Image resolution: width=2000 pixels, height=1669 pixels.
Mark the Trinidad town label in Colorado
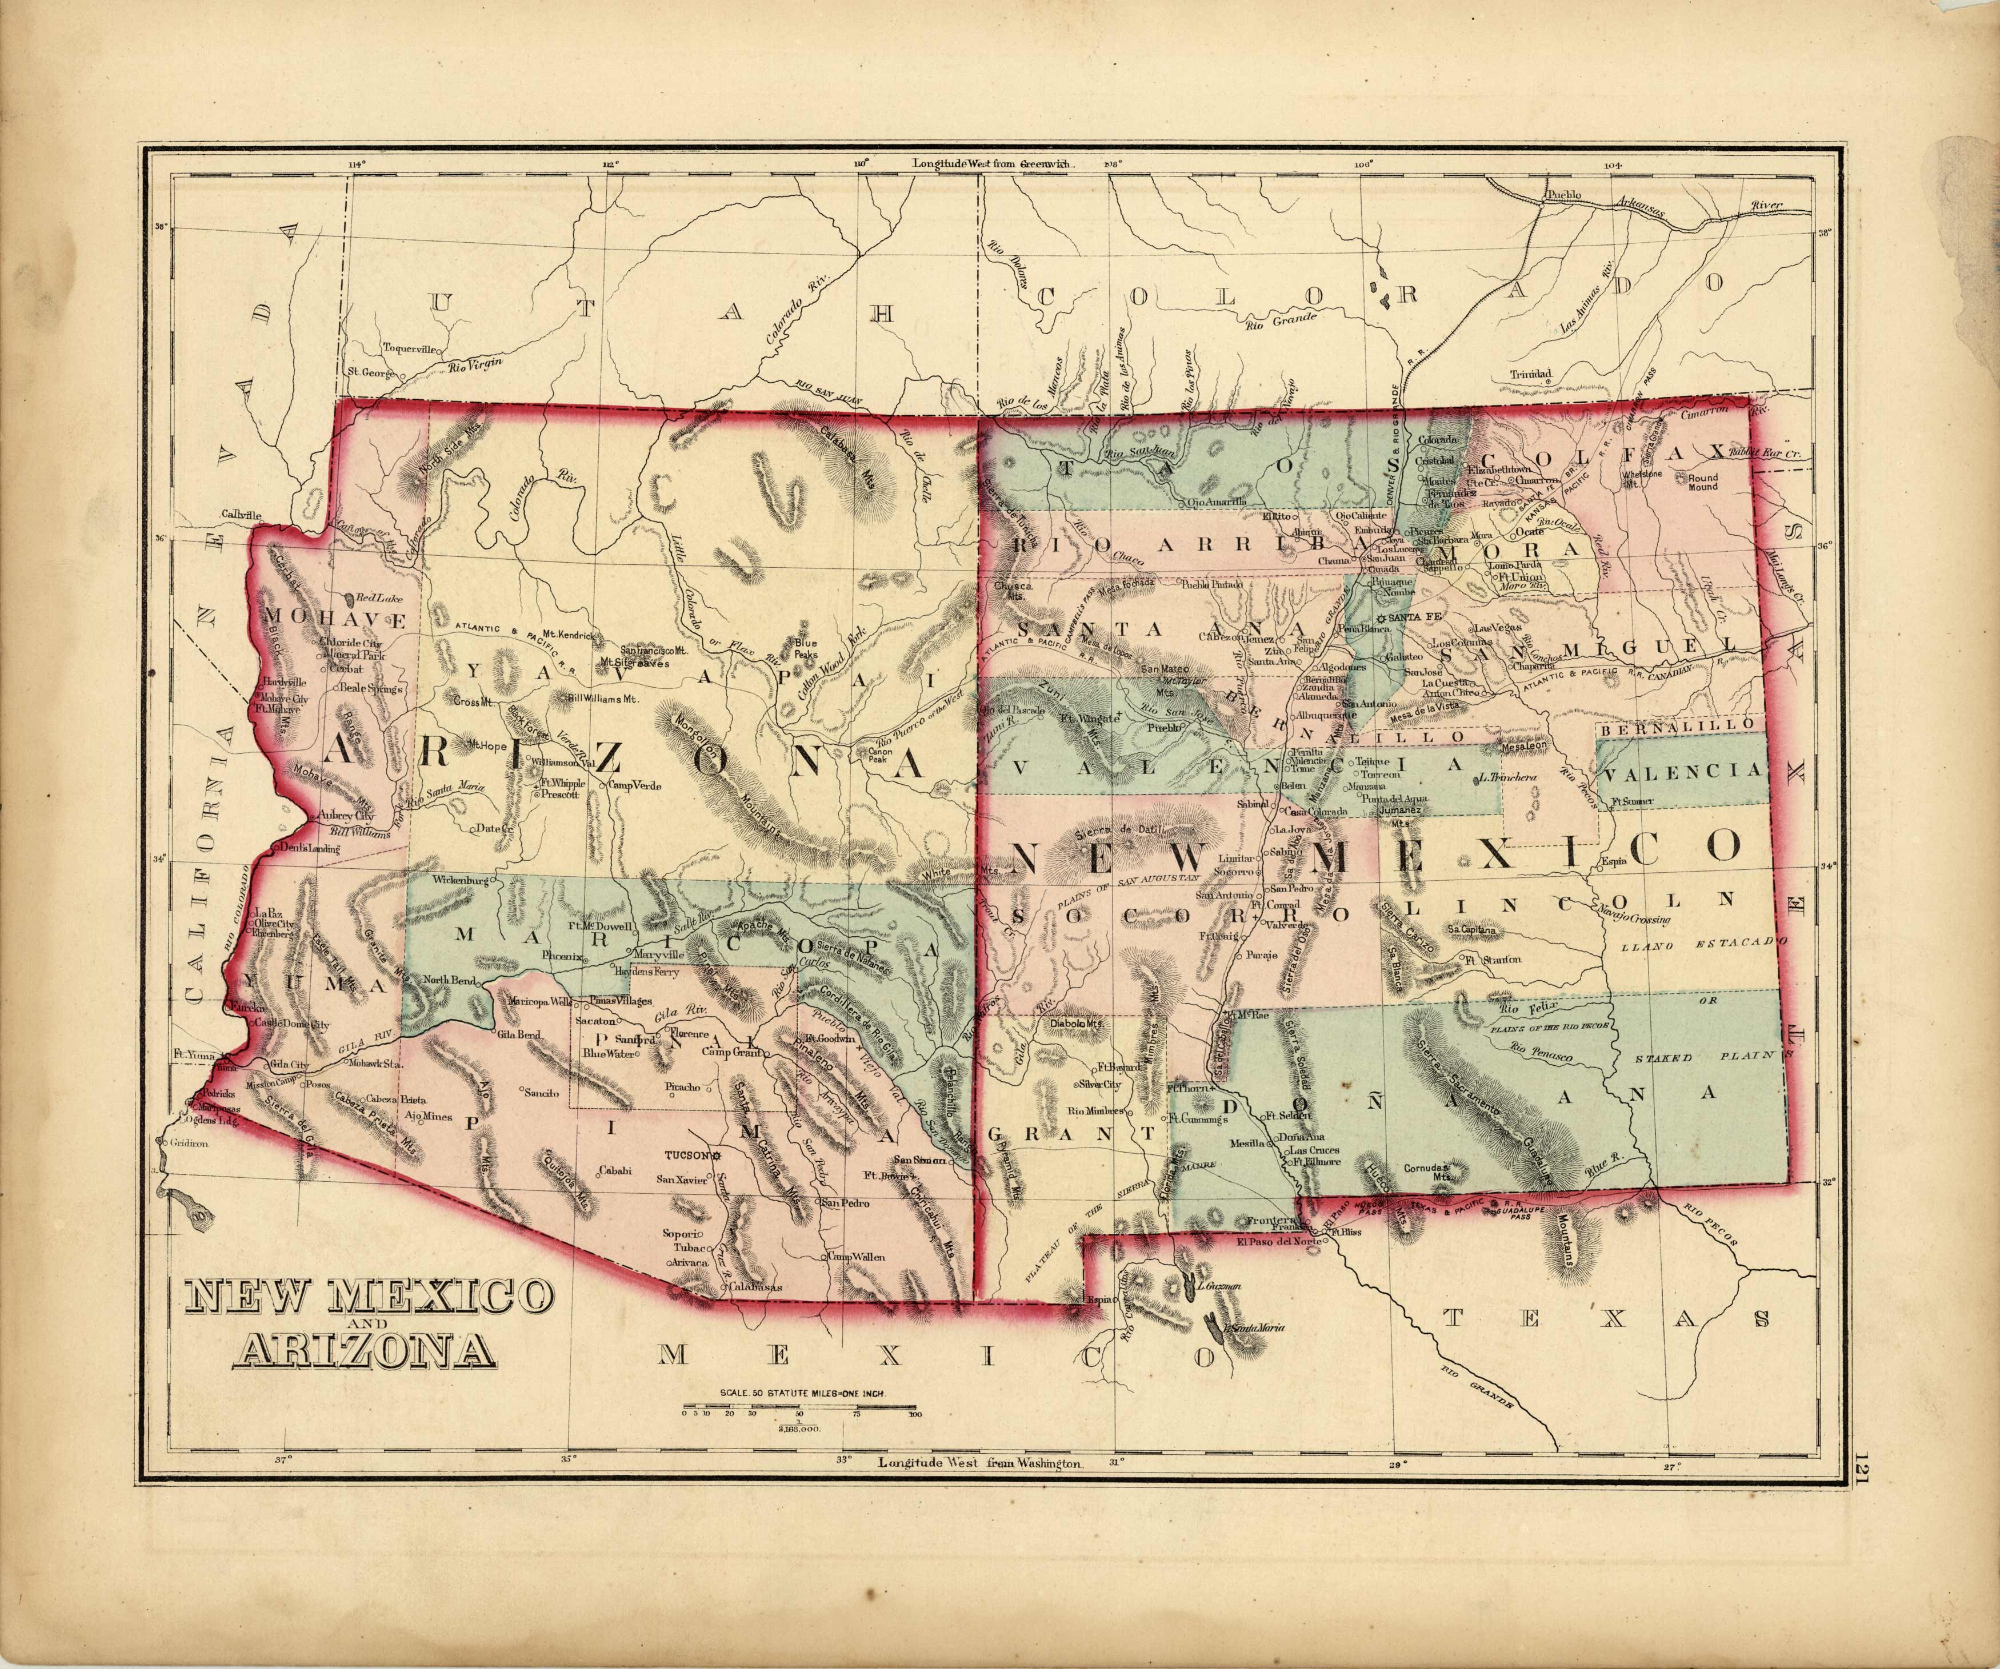pyautogui.click(x=1530, y=374)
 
